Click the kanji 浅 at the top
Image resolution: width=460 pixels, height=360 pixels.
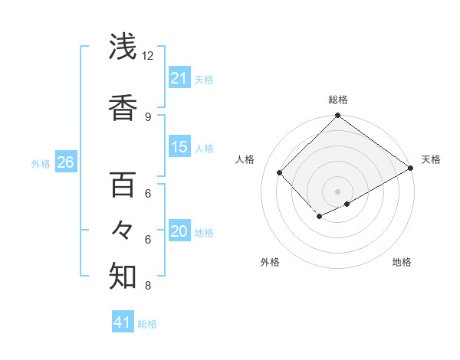pos(123,47)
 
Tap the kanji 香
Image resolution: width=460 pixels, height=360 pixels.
pos(123,107)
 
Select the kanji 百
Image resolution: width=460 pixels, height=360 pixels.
pos(123,185)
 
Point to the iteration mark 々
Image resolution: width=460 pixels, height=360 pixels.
pos(123,230)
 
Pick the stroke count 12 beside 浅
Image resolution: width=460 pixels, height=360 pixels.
pos(148,56)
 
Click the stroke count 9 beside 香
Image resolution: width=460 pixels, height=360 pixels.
pos(148,117)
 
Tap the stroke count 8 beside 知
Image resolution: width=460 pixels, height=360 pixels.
pos(148,286)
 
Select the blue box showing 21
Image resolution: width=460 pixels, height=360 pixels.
pos(179,78)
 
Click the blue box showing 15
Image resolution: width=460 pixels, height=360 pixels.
pos(179,147)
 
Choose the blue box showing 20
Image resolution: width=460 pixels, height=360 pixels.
pos(179,232)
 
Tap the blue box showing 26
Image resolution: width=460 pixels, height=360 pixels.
pos(65,162)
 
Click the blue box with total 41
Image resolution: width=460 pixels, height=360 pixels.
pos(123,322)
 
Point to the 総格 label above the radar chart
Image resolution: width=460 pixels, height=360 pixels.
pos(338,100)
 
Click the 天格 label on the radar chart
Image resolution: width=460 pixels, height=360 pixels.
pos(431,159)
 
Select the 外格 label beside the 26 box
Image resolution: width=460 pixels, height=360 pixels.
pos(41,163)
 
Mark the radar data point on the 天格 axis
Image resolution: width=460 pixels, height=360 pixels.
pos(412,168)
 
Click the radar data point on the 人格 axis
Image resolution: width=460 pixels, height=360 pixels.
pos(280,172)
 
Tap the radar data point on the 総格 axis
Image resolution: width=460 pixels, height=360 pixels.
pos(337,116)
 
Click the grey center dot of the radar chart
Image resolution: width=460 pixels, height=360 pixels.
pos(337,191)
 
